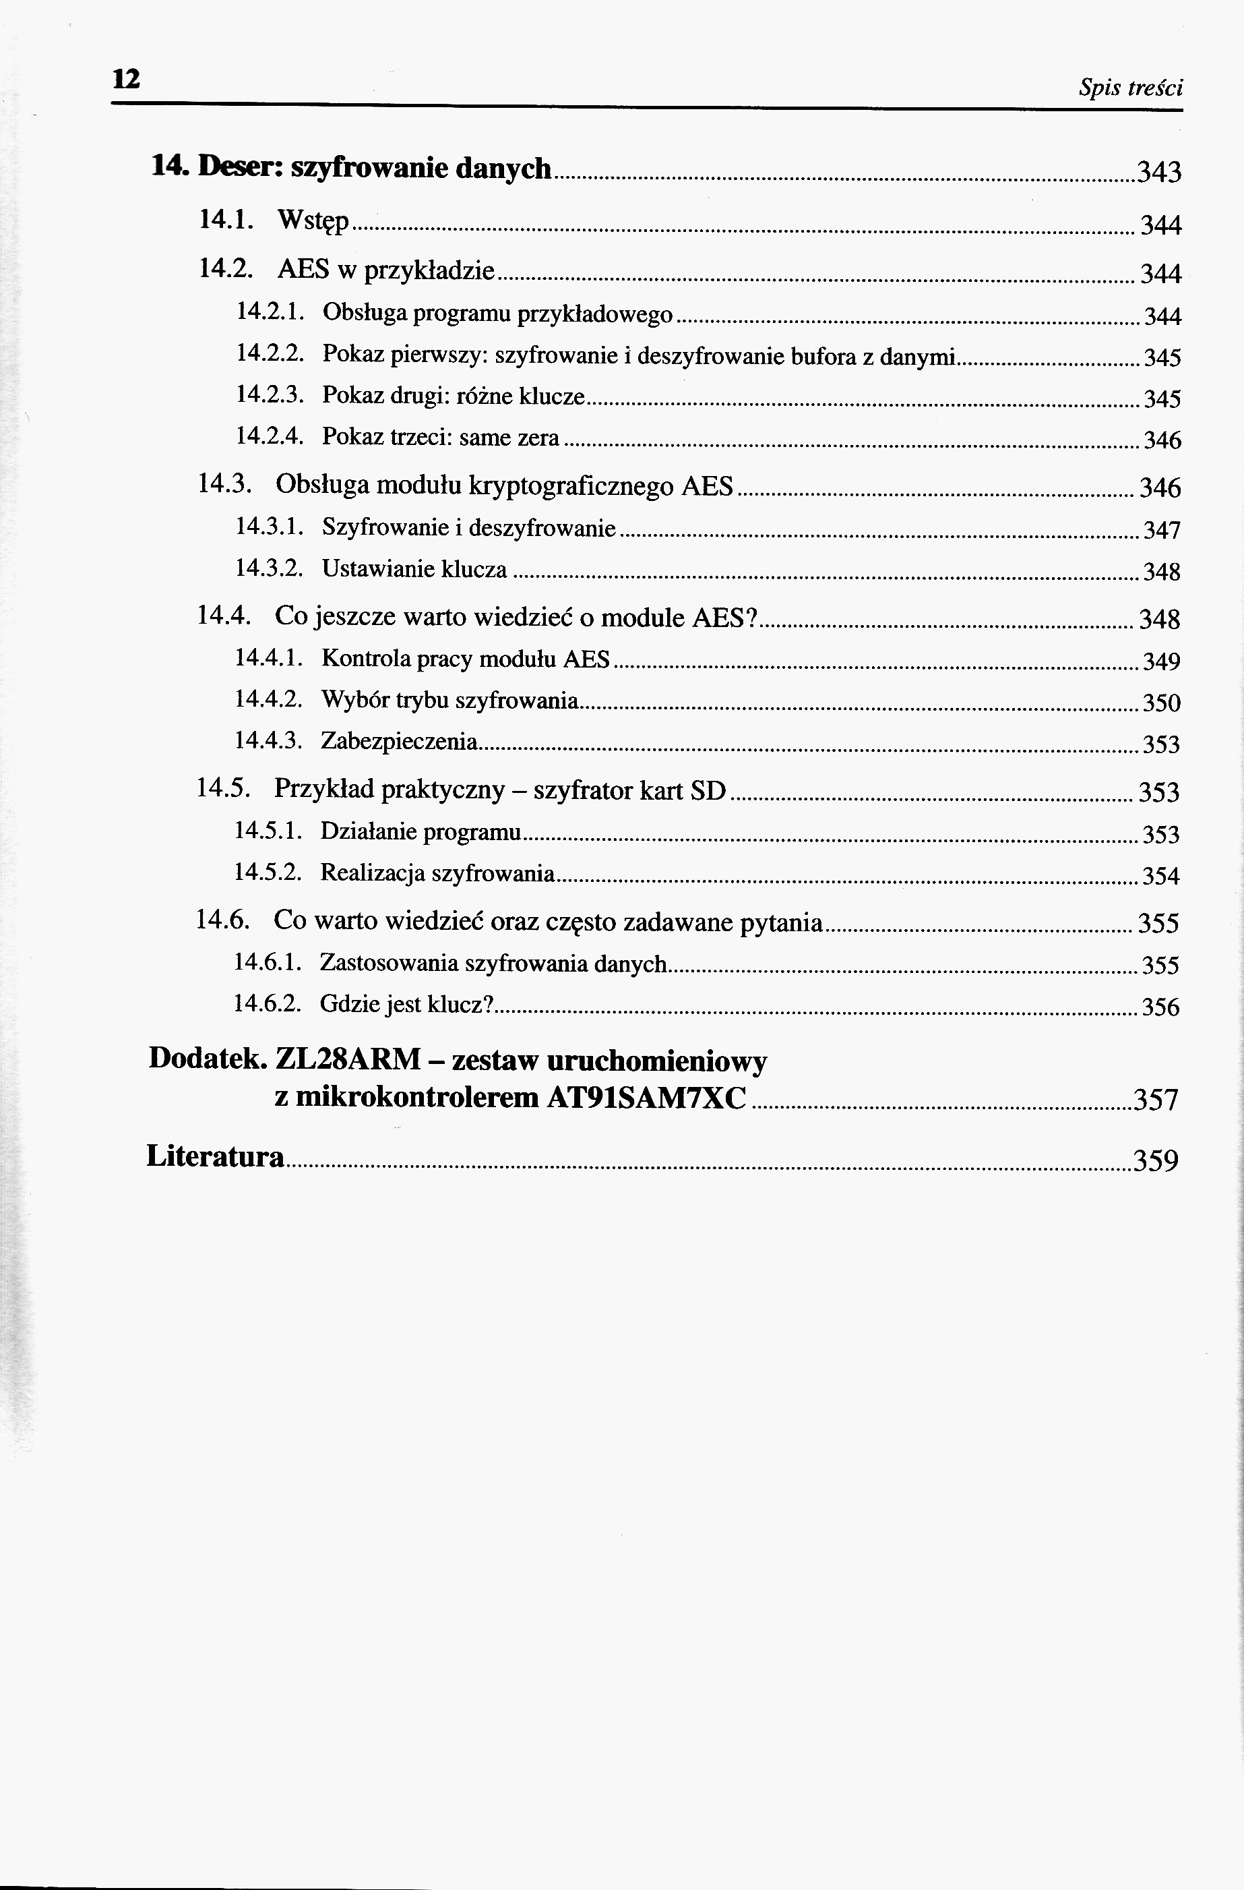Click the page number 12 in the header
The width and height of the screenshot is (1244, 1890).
126,80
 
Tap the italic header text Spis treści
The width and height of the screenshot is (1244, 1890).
1131,88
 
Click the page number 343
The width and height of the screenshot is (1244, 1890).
1159,171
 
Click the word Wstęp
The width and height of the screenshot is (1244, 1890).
313,222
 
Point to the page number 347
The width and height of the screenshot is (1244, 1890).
1161,531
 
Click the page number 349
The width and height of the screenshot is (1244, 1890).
1160,661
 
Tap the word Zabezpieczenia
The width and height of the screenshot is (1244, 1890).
400,742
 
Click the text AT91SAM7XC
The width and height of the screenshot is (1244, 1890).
646,1098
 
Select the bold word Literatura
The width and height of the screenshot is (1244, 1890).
215,1157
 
